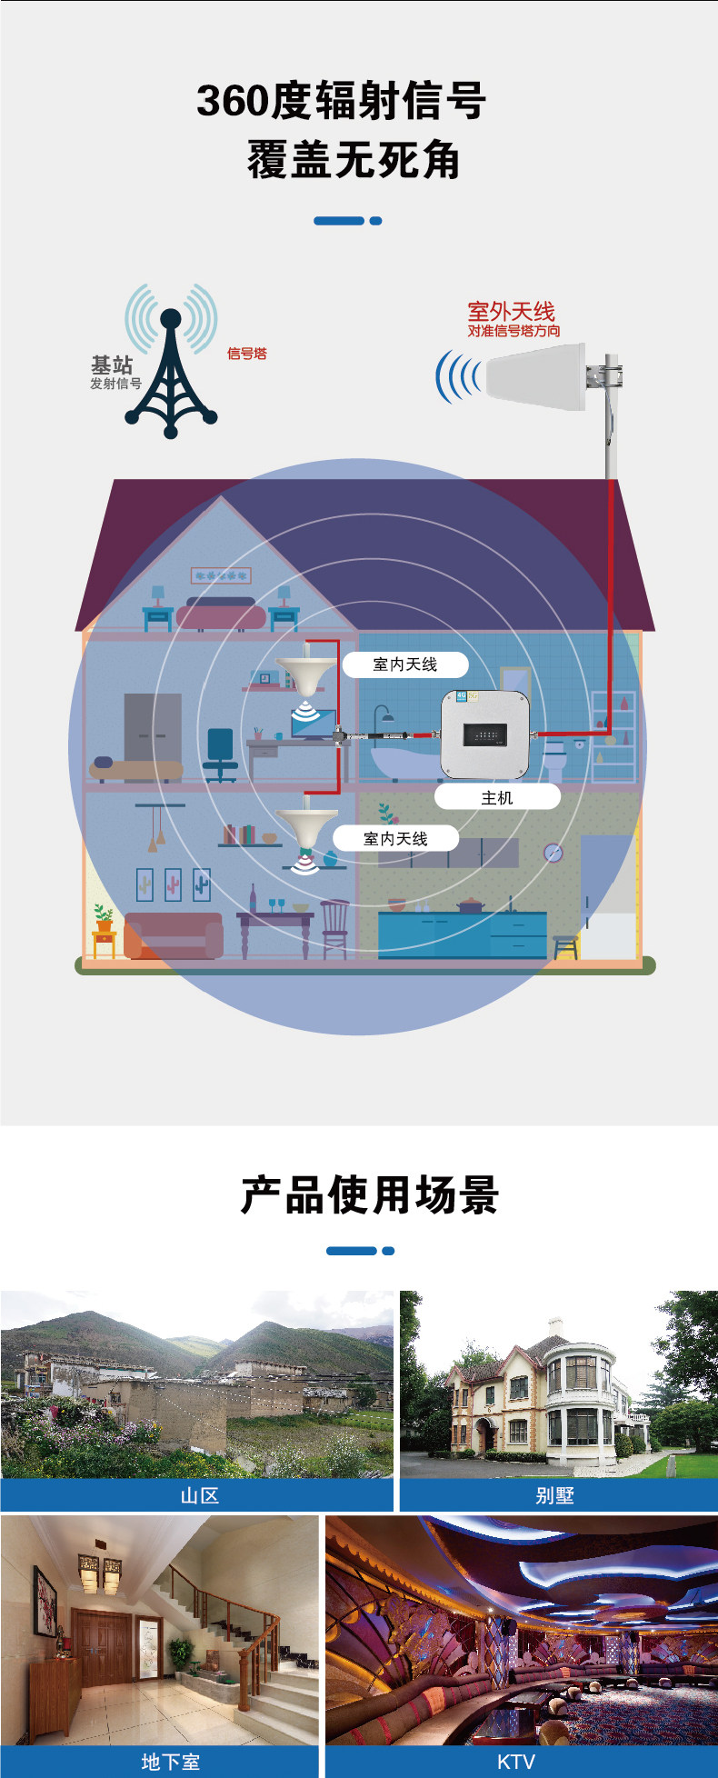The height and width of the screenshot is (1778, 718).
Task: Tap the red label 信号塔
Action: pos(246,354)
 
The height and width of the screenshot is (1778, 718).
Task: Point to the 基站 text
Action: pos(112,365)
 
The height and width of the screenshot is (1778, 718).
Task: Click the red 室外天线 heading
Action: pos(511,312)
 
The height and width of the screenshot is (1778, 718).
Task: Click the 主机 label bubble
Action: pos(497,797)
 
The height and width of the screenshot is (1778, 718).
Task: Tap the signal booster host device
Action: pos(484,734)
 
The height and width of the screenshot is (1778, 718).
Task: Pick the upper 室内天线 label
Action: pos(405,664)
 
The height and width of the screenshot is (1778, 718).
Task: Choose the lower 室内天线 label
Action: pos(395,838)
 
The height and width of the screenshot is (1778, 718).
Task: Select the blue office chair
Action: pos(220,754)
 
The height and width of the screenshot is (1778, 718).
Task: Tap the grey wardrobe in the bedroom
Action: pos(153,727)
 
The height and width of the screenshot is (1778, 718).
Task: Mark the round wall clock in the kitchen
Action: pos(553,853)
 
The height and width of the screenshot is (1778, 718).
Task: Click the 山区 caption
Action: pos(199,1495)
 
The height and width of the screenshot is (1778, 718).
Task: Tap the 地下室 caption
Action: pos(170,1762)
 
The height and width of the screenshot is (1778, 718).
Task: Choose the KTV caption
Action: pos(515,1762)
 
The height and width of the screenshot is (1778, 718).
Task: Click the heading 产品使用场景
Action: pos(369,1194)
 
